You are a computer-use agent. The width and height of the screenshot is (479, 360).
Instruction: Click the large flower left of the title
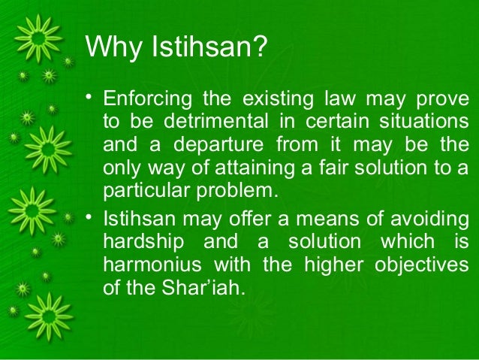[x=41, y=39]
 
